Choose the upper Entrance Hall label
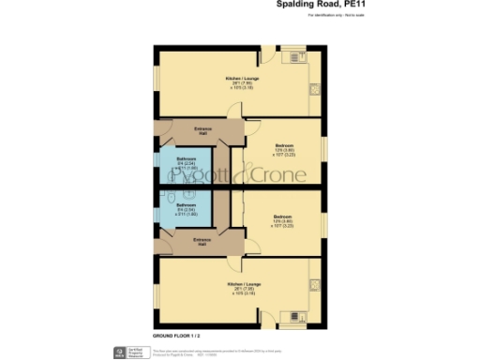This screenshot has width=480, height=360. coord(202,129)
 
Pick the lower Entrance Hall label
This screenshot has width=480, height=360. coord(202,242)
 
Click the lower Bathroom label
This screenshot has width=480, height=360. coord(186,206)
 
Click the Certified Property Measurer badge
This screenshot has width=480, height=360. coord(121,352)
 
